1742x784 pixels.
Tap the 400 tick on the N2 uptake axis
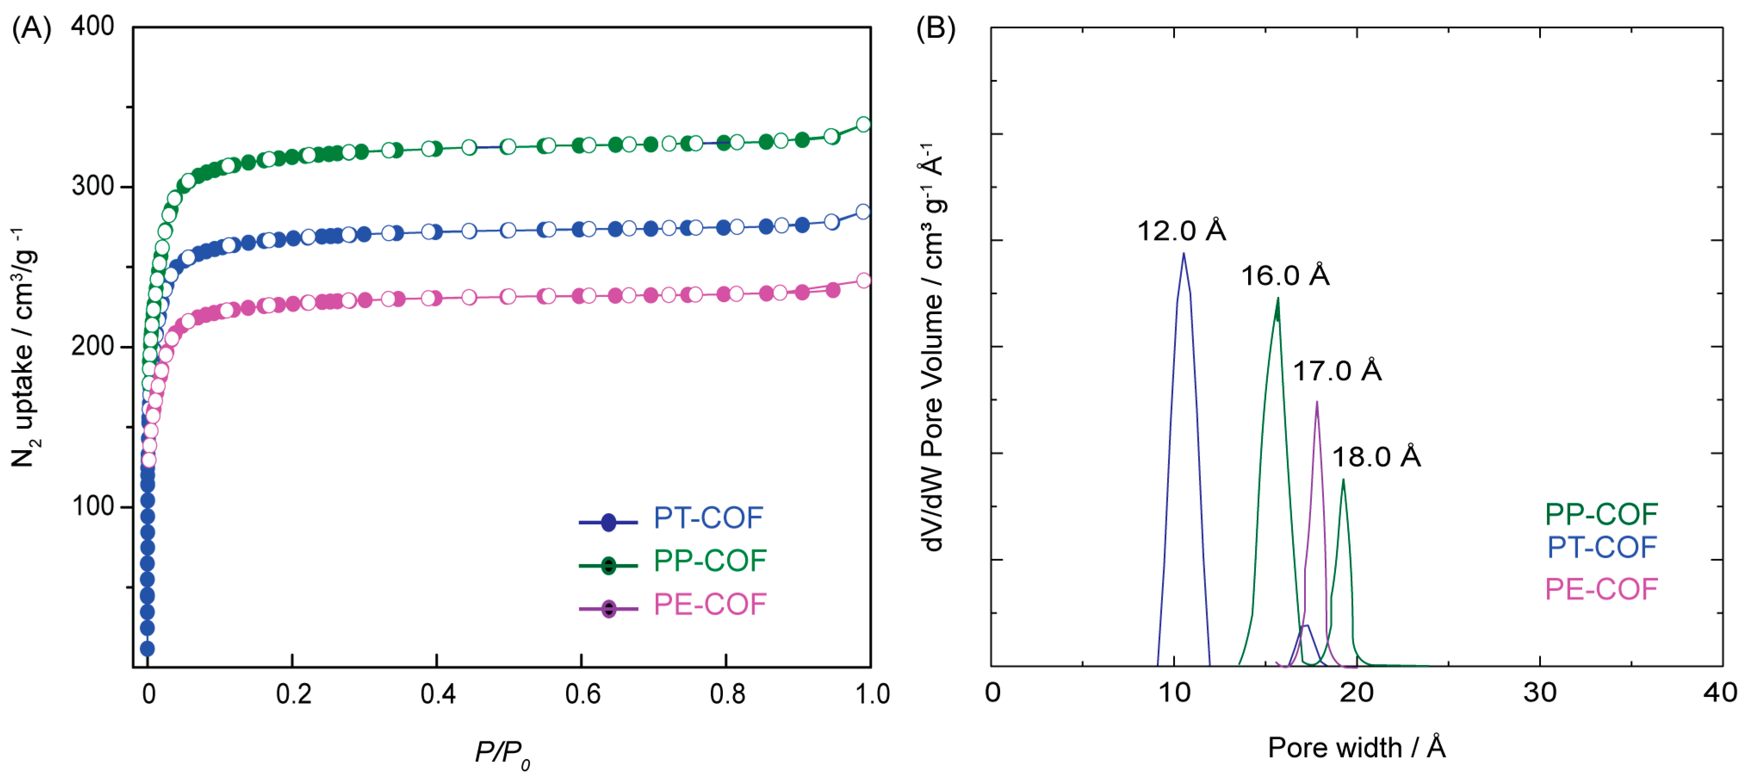click(93, 26)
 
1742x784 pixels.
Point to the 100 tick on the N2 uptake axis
click(93, 506)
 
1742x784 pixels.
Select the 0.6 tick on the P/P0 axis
click(582, 694)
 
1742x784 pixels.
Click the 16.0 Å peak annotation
click(1284, 275)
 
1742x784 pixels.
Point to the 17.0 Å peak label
click(1336, 371)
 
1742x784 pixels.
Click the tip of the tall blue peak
click(1184, 254)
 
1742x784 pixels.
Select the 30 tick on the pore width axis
click(1540, 692)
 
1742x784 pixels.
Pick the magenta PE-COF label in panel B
click(1601, 589)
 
